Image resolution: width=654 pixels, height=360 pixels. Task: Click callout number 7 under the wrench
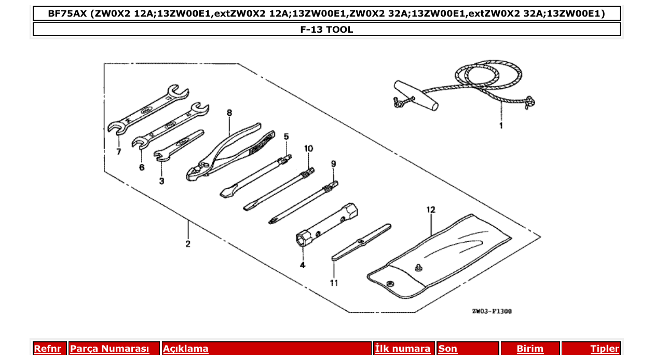pyautogui.click(x=119, y=151)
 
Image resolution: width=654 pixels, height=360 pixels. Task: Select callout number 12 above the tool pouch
pyautogui.click(x=431, y=210)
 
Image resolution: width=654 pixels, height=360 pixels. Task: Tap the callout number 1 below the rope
pyautogui.click(x=501, y=125)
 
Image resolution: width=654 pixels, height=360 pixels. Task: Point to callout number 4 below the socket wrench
pyautogui.click(x=302, y=265)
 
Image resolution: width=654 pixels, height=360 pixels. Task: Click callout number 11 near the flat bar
pyautogui.click(x=334, y=283)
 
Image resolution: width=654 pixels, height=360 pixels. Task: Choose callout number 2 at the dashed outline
pyautogui.click(x=188, y=243)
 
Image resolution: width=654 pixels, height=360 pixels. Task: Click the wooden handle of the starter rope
pyautogui.click(x=415, y=94)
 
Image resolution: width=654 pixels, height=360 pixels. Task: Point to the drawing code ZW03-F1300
pyautogui.click(x=492, y=311)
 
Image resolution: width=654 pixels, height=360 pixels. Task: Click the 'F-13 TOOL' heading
pyautogui.click(x=326, y=30)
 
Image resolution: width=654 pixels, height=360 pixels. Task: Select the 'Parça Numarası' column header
pyautogui.click(x=110, y=349)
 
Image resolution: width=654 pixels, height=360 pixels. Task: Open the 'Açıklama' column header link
pyautogui.click(x=186, y=349)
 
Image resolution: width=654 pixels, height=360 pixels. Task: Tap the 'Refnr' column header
pyautogui.click(x=47, y=349)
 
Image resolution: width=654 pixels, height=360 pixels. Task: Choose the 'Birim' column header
pyautogui.click(x=529, y=349)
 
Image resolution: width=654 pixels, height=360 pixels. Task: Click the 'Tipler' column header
pyautogui.click(x=604, y=349)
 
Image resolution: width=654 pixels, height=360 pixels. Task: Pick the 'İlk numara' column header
pyautogui.click(x=403, y=349)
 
